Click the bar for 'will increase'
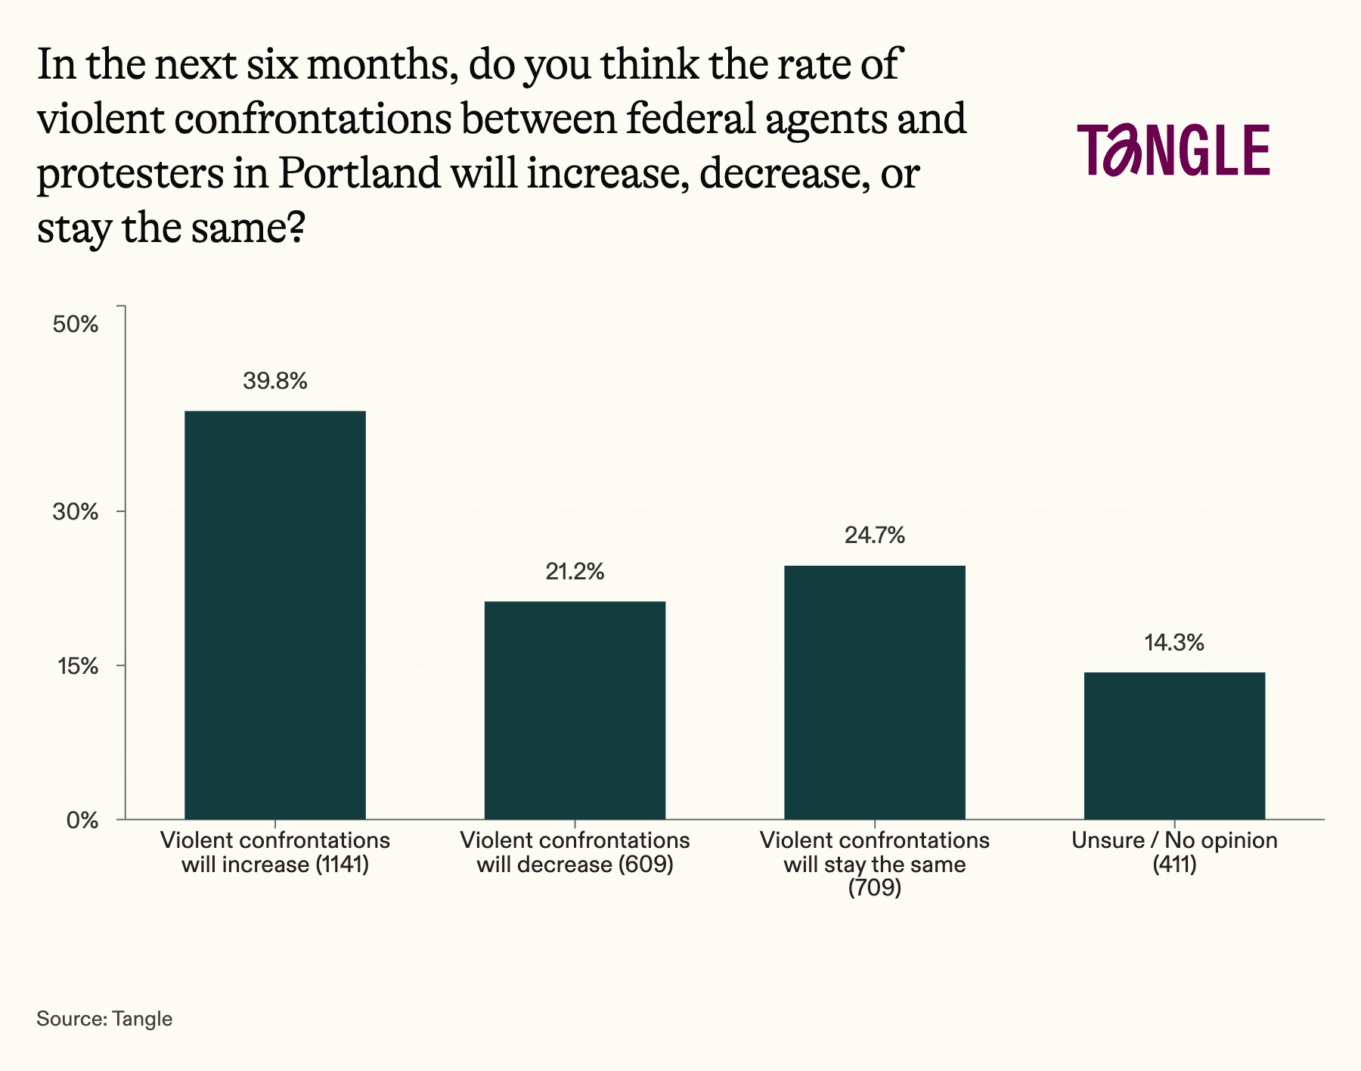pyautogui.click(x=275, y=614)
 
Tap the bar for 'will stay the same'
pyautogui.click(x=875, y=692)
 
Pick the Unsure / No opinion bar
pyautogui.click(x=1174, y=745)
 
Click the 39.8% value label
pyautogui.click(x=275, y=381)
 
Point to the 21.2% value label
pyautogui.click(x=575, y=572)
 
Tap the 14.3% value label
pyautogui.click(x=1174, y=644)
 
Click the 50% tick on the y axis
pyautogui.click(x=76, y=325)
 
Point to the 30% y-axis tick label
pyautogui.click(x=76, y=512)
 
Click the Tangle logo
pyautogui.click(x=1173, y=150)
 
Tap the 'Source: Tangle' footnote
pyautogui.click(x=104, y=1019)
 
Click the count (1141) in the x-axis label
pyautogui.click(x=342, y=865)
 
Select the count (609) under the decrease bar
pyautogui.click(x=646, y=865)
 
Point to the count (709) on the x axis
pyautogui.click(x=875, y=888)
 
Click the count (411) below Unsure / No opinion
pyautogui.click(x=1174, y=865)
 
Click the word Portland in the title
pyautogui.click(x=359, y=174)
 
